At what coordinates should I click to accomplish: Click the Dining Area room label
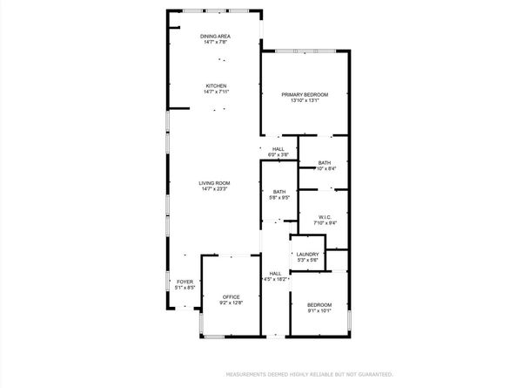coord(215,36)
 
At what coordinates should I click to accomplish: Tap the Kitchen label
coord(215,85)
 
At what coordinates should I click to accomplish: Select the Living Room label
coord(214,183)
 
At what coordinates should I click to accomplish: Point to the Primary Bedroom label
coord(305,94)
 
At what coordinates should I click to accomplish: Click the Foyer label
coord(185,282)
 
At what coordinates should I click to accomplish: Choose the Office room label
coord(231,296)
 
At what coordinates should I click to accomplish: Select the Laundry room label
coord(307,255)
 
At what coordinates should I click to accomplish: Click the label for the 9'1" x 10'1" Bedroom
coord(319,304)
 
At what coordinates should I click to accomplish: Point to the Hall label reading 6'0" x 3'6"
coord(279,149)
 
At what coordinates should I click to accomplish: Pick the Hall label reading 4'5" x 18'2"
coord(275,274)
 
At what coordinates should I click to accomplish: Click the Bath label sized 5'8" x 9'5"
coord(279,192)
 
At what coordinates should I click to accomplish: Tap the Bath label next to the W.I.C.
coord(324,163)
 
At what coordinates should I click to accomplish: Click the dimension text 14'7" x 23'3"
coord(214,189)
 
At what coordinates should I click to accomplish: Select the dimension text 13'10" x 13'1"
coord(305,100)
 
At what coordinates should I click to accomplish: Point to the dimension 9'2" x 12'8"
coord(231,303)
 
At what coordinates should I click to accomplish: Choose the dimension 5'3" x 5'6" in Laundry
coord(307,261)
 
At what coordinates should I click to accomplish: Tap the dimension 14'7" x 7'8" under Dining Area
coord(215,42)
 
